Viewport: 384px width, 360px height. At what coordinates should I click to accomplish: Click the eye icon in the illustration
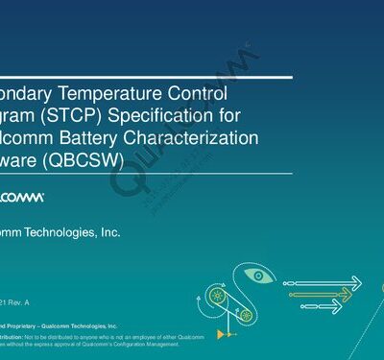coord(258,276)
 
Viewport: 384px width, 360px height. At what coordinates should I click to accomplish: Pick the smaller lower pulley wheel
coord(247,314)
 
